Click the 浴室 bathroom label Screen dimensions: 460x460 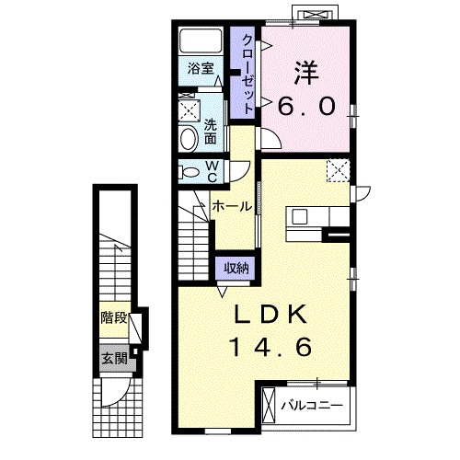(x=201, y=68)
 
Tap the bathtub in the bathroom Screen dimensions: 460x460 (x=201, y=40)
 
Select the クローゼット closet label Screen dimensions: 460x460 (x=247, y=75)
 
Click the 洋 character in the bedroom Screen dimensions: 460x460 (x=306, y=73)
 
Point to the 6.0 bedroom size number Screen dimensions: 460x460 (x=306, y=106)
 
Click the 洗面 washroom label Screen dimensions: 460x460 (x=211, y=132)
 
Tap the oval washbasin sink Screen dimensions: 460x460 (x=189, y=139)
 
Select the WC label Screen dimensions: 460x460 (x=212, y=172)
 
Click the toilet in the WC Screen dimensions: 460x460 (x=190, y=172)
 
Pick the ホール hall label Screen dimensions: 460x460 (x=232, y=206)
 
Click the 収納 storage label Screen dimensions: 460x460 (x=236, y=269)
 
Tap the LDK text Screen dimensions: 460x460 (x=271, y=314)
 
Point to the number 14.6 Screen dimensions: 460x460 (x=272, y=347)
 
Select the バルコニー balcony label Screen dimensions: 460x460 (x=312, y=406)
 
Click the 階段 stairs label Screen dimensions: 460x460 (x=114, y=317)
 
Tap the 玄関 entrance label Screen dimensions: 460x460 (x=114, y=358)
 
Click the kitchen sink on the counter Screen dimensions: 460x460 (x=299, y=216)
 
